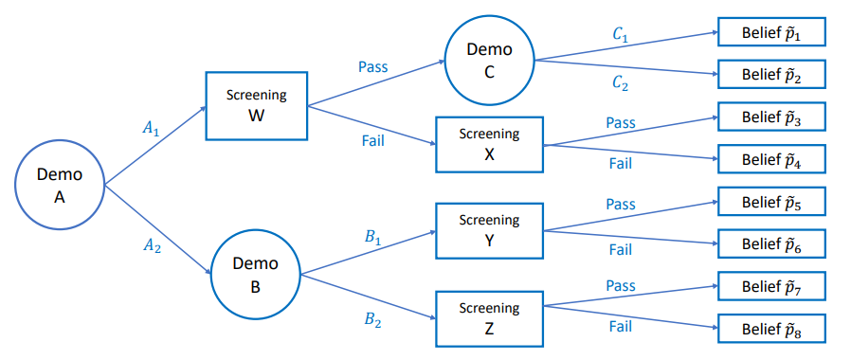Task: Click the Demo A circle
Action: coord(60,184)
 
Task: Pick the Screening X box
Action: coord(489,144)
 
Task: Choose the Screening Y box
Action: coord(489,230)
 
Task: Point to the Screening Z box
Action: coord(489,317)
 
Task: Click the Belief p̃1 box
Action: coord(772,33)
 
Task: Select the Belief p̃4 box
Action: coord(772,159)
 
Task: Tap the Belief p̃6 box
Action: coord(772,243)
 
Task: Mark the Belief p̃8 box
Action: coord(772,328)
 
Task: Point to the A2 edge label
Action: coord(152,244)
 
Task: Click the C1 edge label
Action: coord(621,33)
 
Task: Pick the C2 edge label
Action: coord(621,84)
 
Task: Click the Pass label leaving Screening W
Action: coord(373,67)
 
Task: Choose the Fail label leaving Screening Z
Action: coord(621,327)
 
